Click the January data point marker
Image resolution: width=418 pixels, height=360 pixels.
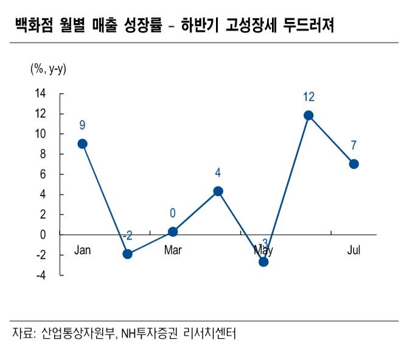[82, 144]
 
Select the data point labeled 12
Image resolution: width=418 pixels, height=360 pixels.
[308, 115]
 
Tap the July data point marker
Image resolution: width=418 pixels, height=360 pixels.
[354, 164]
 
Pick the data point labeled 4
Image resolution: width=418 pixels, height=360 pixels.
[218, 191]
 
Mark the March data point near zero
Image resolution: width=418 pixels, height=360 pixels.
[173, 231]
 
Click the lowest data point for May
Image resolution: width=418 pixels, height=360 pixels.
[263, 261]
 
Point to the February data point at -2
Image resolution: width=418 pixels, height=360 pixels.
[127, 253]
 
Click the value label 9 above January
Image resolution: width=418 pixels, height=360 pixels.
[82, 125]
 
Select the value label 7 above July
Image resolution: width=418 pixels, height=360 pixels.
[354, 146]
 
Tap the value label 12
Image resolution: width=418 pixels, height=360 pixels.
[308, 97]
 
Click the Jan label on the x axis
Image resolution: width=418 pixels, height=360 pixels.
[82, 250]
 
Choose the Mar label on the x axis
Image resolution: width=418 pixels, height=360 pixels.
[173, 250]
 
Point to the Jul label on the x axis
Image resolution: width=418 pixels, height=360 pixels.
[354, 250]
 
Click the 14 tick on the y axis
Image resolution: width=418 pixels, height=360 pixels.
[40, 94]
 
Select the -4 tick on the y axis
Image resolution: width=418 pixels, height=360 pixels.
[40, 275]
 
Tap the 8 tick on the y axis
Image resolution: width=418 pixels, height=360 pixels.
[43, 154]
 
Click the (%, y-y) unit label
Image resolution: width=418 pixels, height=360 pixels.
[48, 69]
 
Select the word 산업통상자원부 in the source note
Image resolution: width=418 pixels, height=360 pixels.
[77, 333]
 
